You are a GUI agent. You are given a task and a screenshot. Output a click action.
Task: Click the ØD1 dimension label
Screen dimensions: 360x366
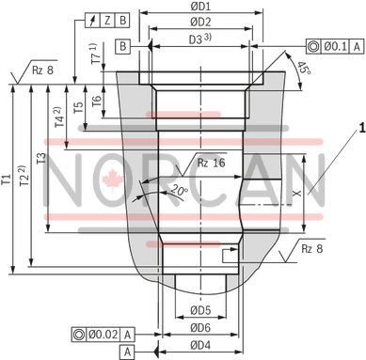click(x=199, y=8)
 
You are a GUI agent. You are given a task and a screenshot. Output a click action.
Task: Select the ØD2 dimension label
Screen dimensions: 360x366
click(x=199, y=22)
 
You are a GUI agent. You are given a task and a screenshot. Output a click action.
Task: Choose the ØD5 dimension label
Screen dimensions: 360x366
click(x=199, y=309)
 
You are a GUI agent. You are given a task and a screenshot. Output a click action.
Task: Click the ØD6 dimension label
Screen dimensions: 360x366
click(x=199, y=328)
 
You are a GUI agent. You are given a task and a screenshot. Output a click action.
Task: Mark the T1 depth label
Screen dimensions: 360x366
click(x=8, y=179)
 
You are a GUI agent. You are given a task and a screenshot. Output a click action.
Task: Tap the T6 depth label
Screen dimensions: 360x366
click(x=96, y=125)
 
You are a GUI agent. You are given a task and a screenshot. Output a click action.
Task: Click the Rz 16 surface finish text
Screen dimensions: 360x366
click(x=210, y=164)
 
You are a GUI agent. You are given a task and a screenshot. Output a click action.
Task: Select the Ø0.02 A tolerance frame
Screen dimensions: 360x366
click(x=104, y=334)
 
